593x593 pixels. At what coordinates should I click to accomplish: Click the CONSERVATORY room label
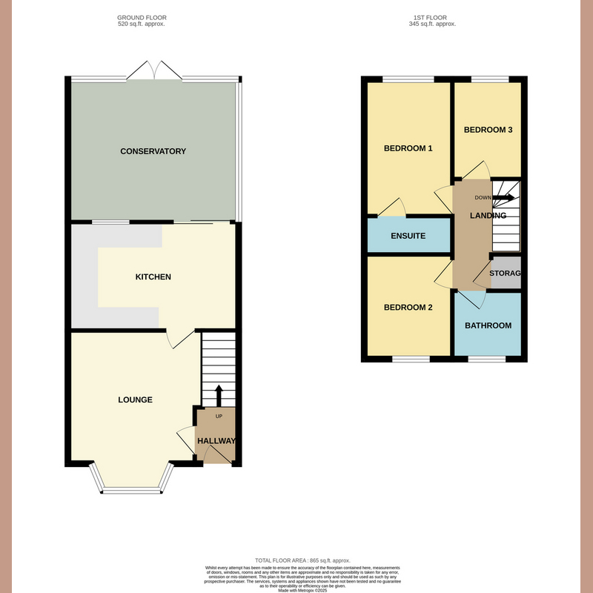153,151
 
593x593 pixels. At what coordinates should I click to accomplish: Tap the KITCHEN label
153,277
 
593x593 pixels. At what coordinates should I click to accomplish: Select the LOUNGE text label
135,400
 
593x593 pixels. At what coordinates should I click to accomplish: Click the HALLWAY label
216,441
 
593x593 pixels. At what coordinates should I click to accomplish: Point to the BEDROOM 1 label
408,148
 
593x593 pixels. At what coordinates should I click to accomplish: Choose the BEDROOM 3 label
488,130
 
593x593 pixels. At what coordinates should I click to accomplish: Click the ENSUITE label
408,236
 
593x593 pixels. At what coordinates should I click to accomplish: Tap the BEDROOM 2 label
408,308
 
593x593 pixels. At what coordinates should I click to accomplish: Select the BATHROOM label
488,325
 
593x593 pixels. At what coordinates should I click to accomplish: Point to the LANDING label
488,216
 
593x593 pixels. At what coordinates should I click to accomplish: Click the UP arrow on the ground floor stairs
219,396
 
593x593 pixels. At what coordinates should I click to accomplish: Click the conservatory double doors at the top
154,70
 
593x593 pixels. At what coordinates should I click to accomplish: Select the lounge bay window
133,488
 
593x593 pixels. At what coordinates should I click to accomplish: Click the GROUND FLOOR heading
142,17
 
